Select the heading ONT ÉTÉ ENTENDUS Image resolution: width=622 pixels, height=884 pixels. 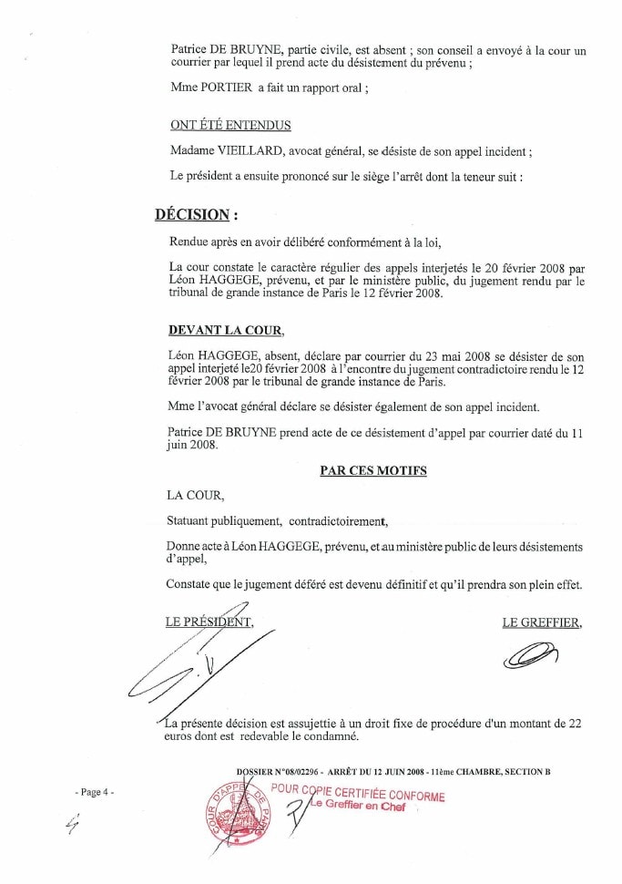pos(230,125)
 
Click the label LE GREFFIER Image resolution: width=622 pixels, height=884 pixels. pos(542,622)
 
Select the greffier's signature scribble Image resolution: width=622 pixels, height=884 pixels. pos(533,653)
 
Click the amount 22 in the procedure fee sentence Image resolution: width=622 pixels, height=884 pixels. pos(574,722)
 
